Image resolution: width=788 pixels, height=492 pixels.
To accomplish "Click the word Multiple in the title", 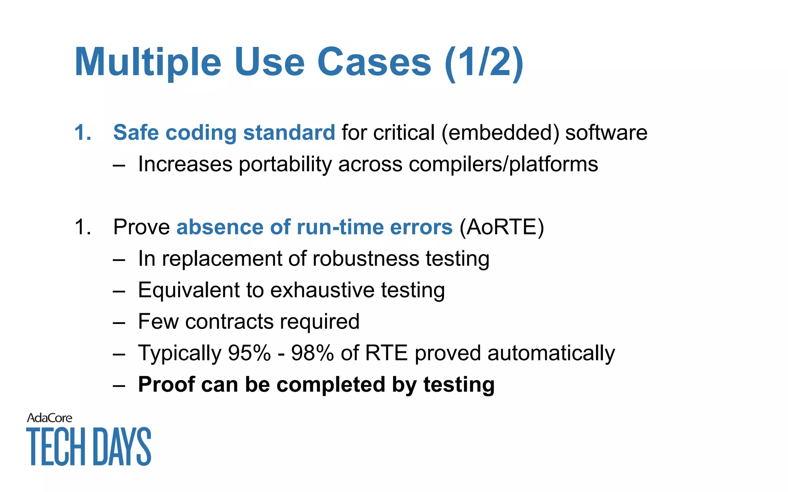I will (x=148, y=62).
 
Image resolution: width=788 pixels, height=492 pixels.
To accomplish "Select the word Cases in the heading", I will (x=374, y=62).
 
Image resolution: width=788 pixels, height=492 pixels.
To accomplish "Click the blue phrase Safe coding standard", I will (x=224, y=133).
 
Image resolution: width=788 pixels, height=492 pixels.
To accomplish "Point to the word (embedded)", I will (x=500, y=133).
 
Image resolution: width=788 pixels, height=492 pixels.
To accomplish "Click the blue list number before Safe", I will (x=83, y=133).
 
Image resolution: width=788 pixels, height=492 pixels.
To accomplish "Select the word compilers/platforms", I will (x=503, y=164).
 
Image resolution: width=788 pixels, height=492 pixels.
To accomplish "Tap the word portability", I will (x=285, y=164).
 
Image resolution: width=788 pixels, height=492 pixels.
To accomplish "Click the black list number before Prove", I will (x=83, y=227).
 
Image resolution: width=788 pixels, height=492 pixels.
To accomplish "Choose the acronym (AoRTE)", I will (x=502, y=227).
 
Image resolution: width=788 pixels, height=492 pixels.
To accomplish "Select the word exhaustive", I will (x=322, y=290).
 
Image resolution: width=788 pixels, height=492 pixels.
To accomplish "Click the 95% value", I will (x=249, y=353).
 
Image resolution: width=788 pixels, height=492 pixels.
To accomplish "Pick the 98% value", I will (x=312, y=353).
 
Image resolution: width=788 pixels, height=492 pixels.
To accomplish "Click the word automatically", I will (x=551, y=353).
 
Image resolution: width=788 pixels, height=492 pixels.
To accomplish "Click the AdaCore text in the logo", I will (x=49, y=418).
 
